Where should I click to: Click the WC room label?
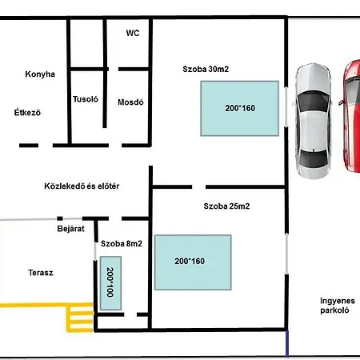(133, 33)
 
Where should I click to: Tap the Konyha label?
(40, 74)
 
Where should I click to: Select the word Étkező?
(27, 112)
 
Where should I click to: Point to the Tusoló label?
(86, 99)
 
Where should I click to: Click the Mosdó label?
(130, 102)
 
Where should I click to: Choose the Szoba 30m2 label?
(206, 69)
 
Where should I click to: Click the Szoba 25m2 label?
(226, 206)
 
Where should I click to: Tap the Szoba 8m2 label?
(122, 243)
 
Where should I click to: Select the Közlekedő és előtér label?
(82, 186)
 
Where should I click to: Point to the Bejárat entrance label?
(70, 229)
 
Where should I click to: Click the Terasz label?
(41, 273)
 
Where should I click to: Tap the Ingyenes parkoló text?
(338, 306)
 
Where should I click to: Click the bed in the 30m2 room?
(240, 109)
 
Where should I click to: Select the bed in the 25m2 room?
(193, 262)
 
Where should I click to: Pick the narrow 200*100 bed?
(110, 283)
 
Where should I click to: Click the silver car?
(313, 122)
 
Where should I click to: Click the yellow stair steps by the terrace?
(80, 318)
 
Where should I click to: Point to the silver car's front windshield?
(313, 102)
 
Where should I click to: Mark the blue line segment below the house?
(287, 344)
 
